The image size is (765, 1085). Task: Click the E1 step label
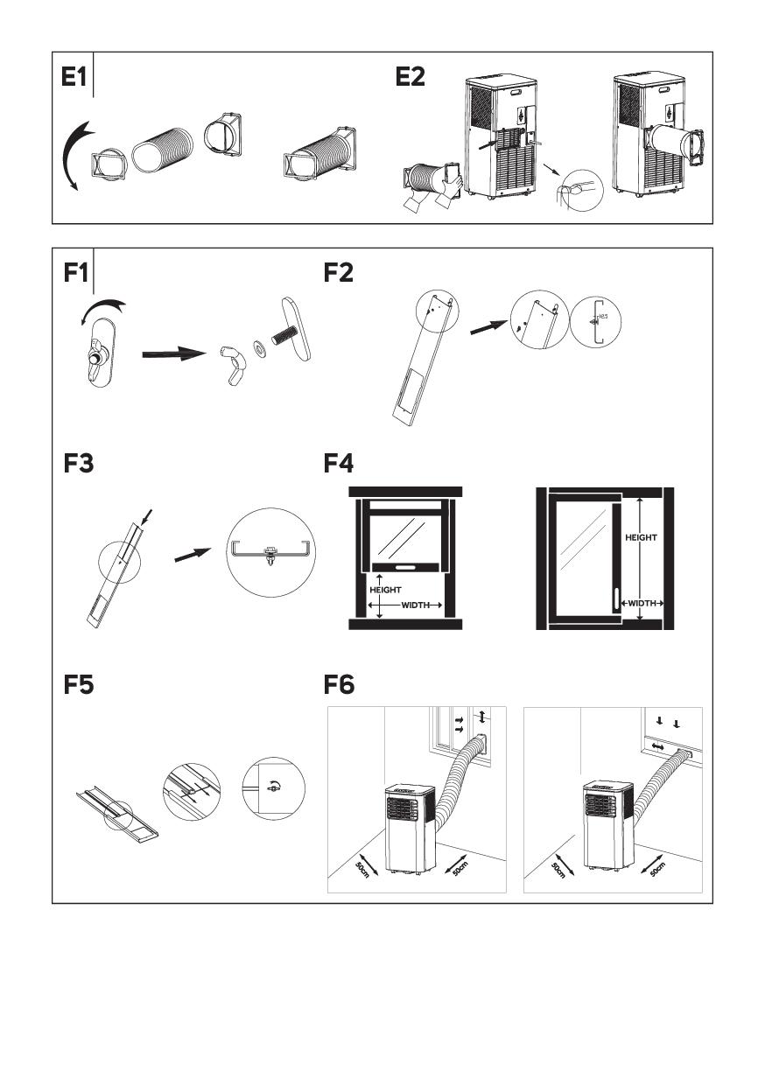[74, 78]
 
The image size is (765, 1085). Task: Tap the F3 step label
[78, 463]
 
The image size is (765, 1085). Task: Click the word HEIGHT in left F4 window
[385, 590]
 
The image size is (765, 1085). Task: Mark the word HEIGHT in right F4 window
[641, 538]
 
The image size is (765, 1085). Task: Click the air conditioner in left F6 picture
[410, 827]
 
